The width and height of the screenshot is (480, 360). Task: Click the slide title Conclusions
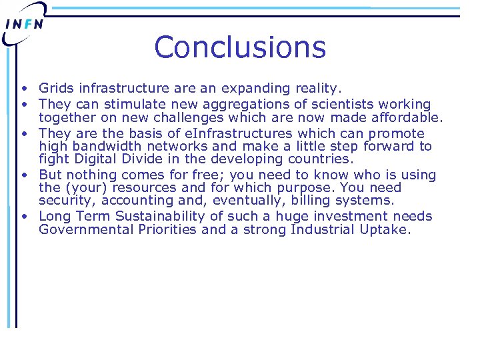(240, 47)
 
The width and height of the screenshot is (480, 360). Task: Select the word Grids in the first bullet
(57, 88)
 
